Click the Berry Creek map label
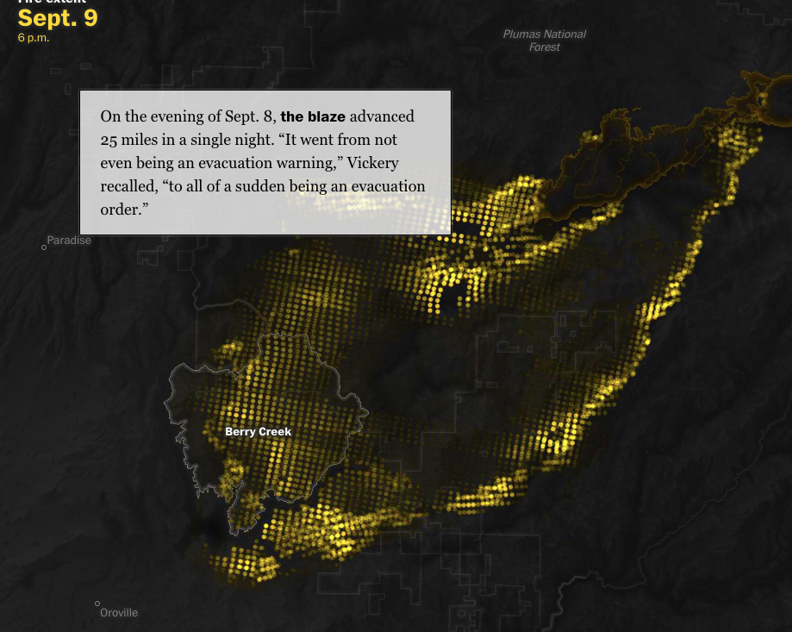(258, 431)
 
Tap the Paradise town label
(69, 241)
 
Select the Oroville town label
(119, 613)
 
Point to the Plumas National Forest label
(544, 41)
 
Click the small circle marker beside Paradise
(44, 247)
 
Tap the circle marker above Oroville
(97, 604)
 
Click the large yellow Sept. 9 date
(58, 18)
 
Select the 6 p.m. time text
(34, 38)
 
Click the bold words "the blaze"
(313, 116)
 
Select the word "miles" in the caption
(143, 140)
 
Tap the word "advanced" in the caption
(382, 116)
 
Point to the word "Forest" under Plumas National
(544, 47)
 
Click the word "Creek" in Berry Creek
(275, 431)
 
